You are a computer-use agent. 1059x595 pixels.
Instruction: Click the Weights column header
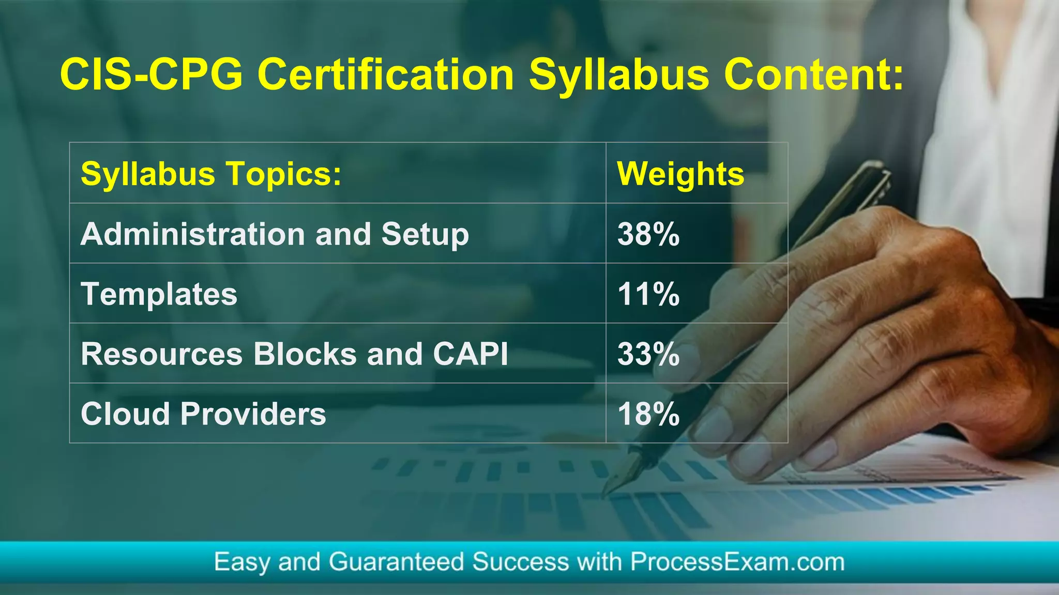[x=680, y=174]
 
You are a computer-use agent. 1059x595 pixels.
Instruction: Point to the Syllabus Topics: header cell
[x=211, y=174]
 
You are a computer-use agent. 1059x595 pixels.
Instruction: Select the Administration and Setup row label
[x=275, y=234]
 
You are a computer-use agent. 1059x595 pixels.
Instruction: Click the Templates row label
[x=159, y=294]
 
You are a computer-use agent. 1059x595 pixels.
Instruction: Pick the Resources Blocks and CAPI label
[x=294, y=354]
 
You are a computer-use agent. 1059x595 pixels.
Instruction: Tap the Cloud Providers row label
[x=203, y=414]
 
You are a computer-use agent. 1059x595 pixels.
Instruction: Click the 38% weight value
[x=648, y=234]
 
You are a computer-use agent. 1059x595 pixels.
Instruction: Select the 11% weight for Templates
[x=648, y=294]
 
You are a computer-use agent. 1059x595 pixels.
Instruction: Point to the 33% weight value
[x=648, y=354]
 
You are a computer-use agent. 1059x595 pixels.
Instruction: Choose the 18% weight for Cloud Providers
[x=648, y=414]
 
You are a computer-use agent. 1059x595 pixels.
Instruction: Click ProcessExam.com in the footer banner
[x=737, y=562]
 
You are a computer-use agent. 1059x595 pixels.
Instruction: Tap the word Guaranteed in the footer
[x=396, y=562]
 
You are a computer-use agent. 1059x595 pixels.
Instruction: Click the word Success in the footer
[x=520, y=562]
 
